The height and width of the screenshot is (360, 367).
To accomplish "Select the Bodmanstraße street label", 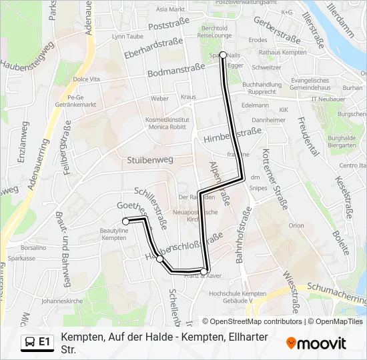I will coord(175,70).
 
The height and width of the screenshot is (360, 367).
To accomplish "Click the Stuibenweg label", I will coord(150,161).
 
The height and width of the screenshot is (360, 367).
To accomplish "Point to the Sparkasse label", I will coord(23,258).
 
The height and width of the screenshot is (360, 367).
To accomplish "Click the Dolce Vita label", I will coord(85,79).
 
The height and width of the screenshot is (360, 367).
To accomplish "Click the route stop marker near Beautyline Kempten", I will coord(125,221).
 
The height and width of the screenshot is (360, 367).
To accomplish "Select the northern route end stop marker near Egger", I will coord(223,55).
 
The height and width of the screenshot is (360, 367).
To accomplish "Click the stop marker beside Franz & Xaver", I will coord(204,271).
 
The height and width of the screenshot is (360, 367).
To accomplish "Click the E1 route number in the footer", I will coord(45,342).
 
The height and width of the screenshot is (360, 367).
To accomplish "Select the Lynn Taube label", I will coord(128,36).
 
